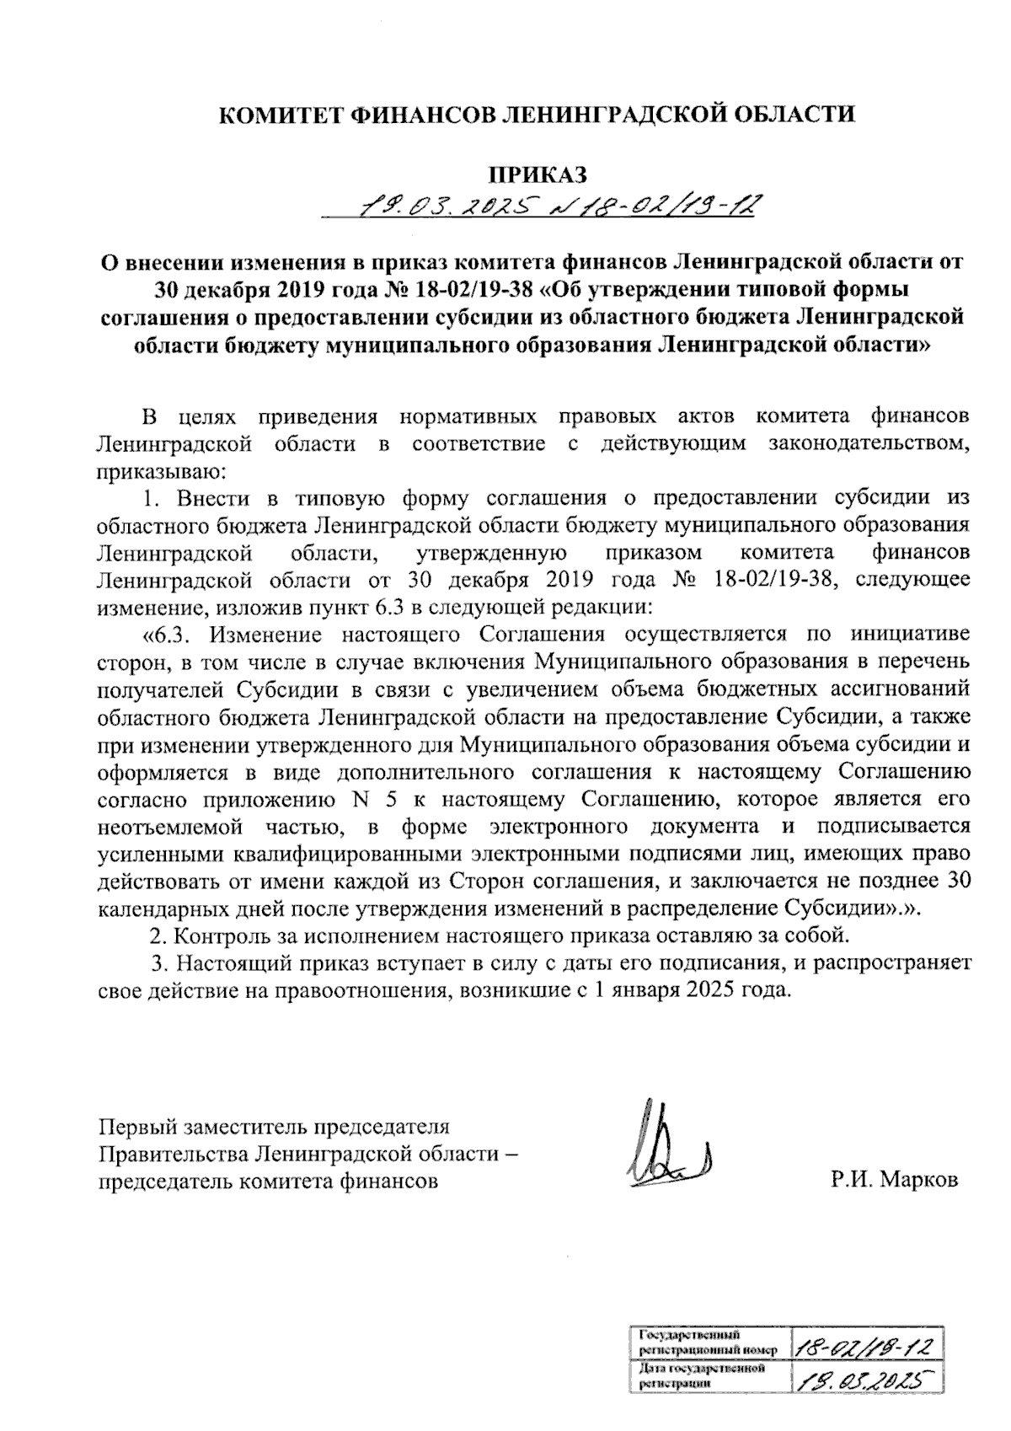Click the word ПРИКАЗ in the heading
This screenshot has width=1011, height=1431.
pyautogui.click(x=538, y=174)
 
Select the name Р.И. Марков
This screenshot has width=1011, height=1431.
pyautogui.click(x=894, y=1180)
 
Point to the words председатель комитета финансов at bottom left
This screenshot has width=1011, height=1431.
pyautogui.click(x=269, y=1180)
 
